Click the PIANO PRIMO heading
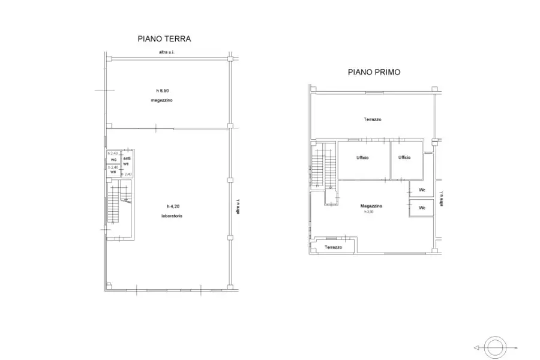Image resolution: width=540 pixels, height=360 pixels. coord(374,71)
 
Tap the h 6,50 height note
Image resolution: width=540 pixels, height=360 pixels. coord(161,90)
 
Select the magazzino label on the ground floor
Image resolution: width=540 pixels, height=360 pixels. coord(161,100)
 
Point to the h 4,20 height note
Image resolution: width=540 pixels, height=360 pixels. coord(173,206)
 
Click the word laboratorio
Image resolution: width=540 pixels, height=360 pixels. coord(172,215)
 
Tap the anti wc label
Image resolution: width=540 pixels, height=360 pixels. coord(127,161)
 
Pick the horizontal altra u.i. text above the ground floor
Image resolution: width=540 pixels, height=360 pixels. coord(167,53)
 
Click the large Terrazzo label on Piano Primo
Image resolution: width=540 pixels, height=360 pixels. coord(372,119)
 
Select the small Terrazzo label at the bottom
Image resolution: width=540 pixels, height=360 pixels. coord(334,247)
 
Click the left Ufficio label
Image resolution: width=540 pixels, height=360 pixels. coord(362,157)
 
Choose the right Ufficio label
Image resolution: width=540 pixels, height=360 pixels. coord(404,157)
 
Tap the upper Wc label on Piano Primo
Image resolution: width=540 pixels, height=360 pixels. coord(422,190)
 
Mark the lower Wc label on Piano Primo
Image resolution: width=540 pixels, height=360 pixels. coord(422,208)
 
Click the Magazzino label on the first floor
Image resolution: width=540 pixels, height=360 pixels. coord(372,206)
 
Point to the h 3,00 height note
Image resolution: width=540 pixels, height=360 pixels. coord(368,212)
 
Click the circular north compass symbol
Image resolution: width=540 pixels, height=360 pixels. coord(496,347)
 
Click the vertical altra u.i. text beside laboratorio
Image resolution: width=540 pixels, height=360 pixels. coord(238,207)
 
